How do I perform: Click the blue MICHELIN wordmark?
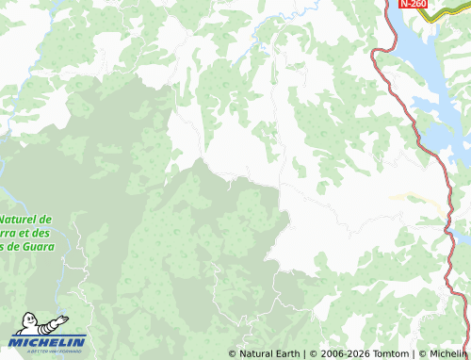(x=48, y=341)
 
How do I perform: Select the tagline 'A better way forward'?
(x=48, y=351)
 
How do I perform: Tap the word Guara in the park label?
(x=36, y=247)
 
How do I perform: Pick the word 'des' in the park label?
(x=43, y=233)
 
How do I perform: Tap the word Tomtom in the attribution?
(x=387, y=353)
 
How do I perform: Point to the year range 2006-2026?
(x=343, y=353)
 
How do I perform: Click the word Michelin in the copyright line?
(x=448, y=353)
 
